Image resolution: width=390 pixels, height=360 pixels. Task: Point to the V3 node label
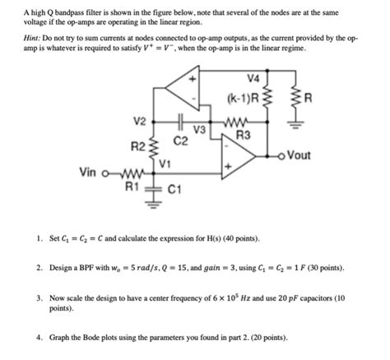198,129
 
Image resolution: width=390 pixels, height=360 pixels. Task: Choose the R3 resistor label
243,133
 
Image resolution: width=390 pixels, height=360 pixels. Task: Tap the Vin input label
93,172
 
